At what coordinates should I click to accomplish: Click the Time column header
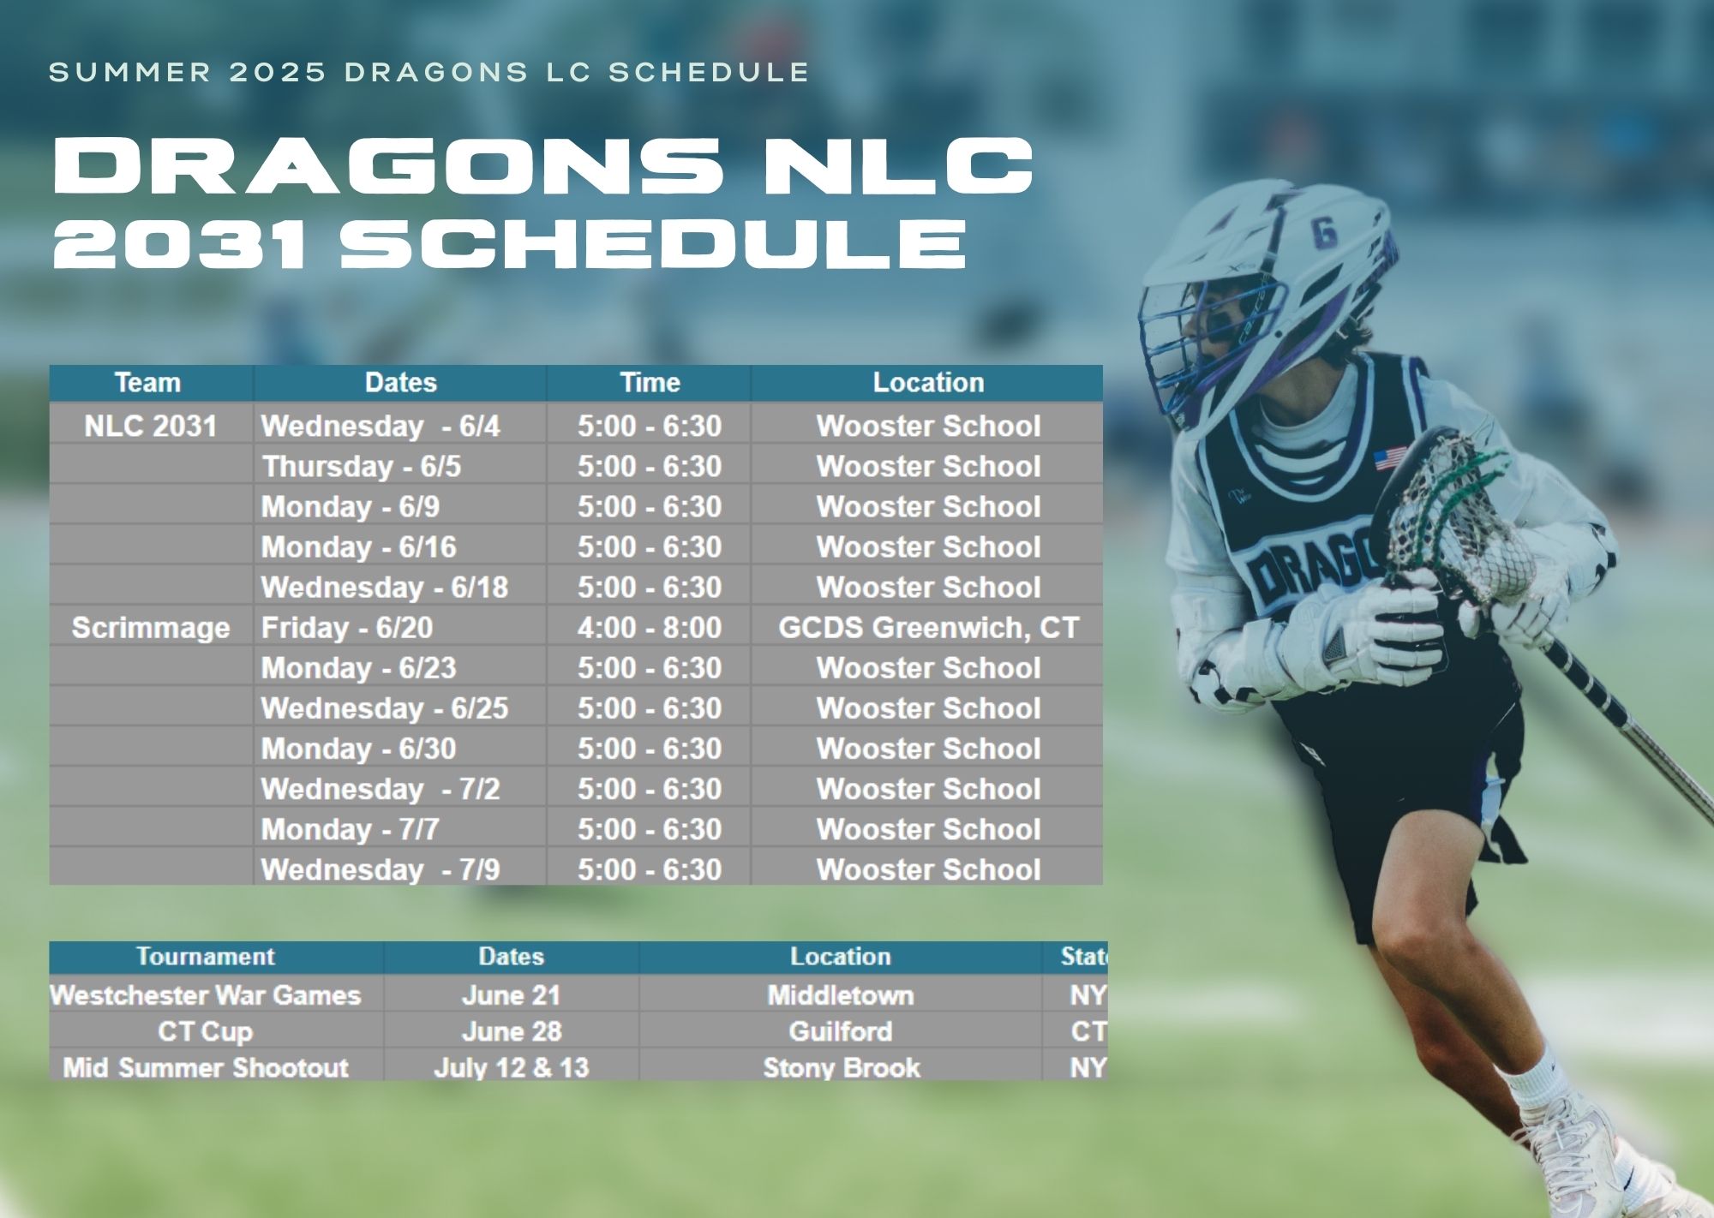coord(650,383)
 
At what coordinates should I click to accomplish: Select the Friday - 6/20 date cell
coord(400,628)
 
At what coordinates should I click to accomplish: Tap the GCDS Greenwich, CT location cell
coord(927,628)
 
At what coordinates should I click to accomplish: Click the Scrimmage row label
coord(151,628)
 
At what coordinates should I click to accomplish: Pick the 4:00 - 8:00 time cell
coord(650,628)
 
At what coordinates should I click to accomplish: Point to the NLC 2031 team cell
coord(151,426)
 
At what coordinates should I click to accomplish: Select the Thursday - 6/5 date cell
coord(400,466)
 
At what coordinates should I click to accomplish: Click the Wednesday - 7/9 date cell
coord(400,869)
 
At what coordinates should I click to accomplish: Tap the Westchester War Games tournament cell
coord(206,995)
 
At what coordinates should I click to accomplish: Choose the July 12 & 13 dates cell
coord(512,1067)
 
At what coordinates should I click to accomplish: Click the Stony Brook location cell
coord(841,1067)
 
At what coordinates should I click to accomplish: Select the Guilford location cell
coord(841,1031)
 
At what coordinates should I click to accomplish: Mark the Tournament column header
coord(206,957)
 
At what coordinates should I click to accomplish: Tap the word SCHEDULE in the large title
coord(653,243)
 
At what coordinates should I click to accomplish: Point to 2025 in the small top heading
coord(279,72)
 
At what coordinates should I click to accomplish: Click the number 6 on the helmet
coord(1324,232)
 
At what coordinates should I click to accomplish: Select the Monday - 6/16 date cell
coord(400,546)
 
